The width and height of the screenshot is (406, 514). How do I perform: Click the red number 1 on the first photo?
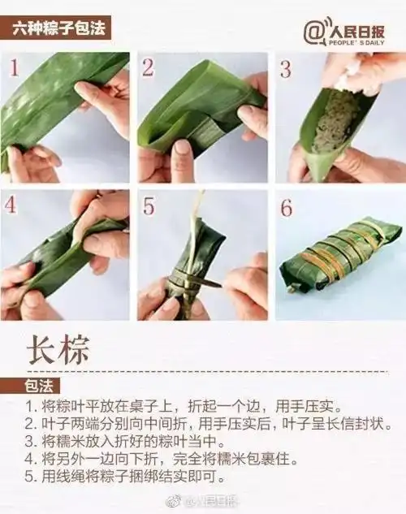tap(14, 67)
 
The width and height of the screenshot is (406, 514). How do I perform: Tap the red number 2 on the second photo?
tap(148, 67)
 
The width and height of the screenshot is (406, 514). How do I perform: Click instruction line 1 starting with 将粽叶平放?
tap(182, 405)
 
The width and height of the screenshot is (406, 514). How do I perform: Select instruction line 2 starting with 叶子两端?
tap(207, 423)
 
